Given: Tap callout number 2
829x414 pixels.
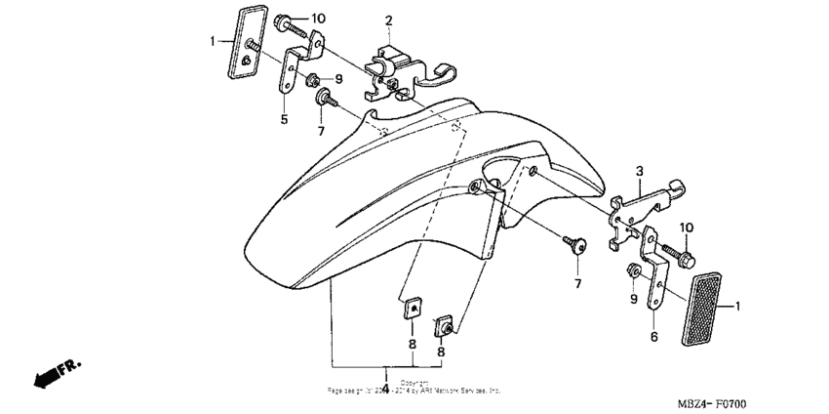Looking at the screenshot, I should tap(387, 21).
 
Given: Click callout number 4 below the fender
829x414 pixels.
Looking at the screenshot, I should tap(385, 388).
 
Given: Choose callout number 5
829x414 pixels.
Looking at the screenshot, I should tap(284, 119).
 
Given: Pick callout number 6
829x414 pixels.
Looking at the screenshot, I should tap(654, 336).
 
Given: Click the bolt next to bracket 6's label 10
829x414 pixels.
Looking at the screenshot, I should tap(680, 254).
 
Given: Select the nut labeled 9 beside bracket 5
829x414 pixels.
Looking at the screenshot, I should tap(314, 79).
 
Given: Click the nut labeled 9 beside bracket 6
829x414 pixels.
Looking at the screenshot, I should tap(632, 269).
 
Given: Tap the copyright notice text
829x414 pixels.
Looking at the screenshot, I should tap(414, 387).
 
